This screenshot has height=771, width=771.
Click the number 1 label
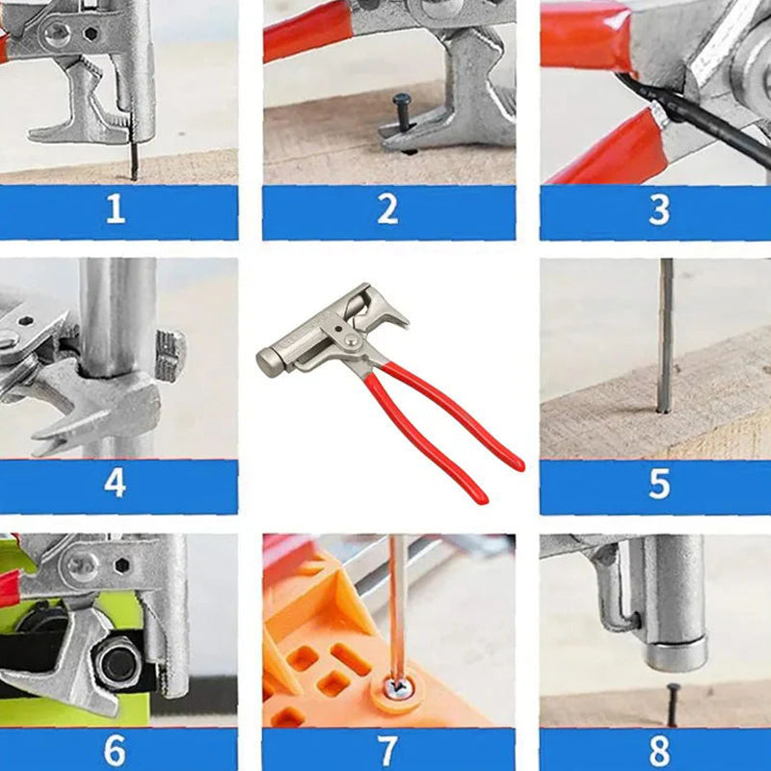[x=116, y=210]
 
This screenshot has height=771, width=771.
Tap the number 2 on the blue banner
[x=387, y=210]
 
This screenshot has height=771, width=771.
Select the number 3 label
[x=659, y=210]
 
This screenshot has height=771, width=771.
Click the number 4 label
[x=115, y=483]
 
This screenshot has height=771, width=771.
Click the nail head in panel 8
[x=672, y=688]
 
